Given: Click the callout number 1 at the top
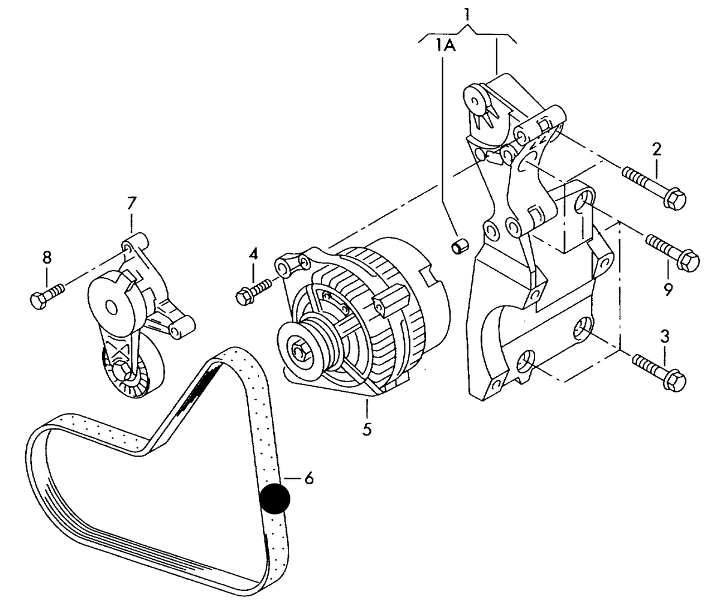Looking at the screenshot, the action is [467, 14].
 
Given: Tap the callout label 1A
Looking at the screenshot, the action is [446, 45].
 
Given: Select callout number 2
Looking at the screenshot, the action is [656, 149].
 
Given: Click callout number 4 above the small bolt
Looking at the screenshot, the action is [253, 254].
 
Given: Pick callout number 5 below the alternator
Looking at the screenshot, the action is [367, 430].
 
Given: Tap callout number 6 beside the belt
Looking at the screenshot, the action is [309, 478].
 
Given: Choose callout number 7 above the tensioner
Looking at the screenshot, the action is [131, 203].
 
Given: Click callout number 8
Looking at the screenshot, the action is [47, 257].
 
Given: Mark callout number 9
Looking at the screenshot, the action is [668, 289].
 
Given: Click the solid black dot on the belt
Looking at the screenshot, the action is [275, 499].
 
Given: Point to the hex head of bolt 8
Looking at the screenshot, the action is [40, 300].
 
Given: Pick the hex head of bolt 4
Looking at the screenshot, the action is [244, 296].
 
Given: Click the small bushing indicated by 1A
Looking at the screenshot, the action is [460, 245].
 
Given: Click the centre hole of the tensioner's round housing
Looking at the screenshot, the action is [112, 306].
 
